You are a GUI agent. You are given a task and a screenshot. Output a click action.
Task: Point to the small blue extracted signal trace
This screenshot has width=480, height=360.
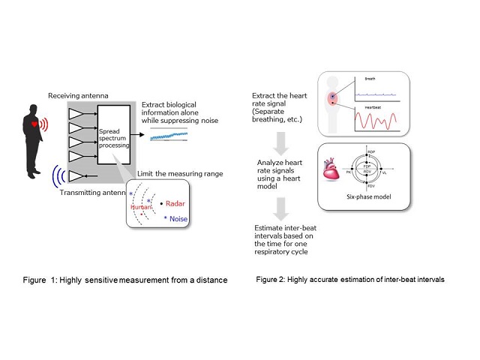click(169, 136)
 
